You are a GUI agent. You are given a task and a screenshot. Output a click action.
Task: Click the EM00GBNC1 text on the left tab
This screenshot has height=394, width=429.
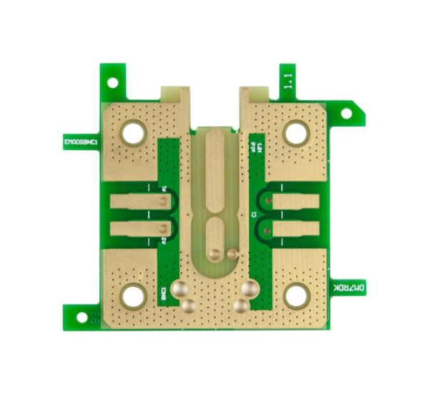coord(81,142)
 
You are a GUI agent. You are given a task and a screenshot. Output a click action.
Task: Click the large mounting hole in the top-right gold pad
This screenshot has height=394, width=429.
coord(295,132)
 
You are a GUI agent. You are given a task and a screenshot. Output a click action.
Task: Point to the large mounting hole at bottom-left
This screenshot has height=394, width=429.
coord(133,295)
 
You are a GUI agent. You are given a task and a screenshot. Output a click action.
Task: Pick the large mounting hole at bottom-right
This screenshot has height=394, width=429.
coord(295,295)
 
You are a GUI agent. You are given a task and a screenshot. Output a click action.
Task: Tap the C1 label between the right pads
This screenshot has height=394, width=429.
coord(254,215)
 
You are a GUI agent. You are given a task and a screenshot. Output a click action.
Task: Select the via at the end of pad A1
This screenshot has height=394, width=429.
coord(164,202)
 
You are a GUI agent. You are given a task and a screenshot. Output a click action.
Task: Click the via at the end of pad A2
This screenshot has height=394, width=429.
coord(163,229)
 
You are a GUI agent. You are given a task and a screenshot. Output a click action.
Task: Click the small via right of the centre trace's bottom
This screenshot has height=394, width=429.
coord(232,253)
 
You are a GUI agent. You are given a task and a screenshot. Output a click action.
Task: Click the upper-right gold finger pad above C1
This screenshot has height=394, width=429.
coord(293,202)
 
